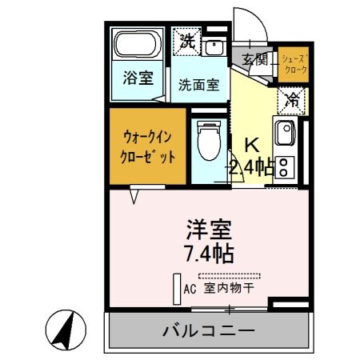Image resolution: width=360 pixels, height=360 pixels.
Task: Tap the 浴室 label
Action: point(137,78)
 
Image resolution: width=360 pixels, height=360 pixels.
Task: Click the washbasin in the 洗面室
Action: point(214,46)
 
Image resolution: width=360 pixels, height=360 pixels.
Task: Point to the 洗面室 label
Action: point(198,85)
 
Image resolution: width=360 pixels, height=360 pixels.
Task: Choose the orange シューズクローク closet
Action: point(293,65)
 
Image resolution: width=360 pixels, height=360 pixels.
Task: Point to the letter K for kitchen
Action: point(251,145)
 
